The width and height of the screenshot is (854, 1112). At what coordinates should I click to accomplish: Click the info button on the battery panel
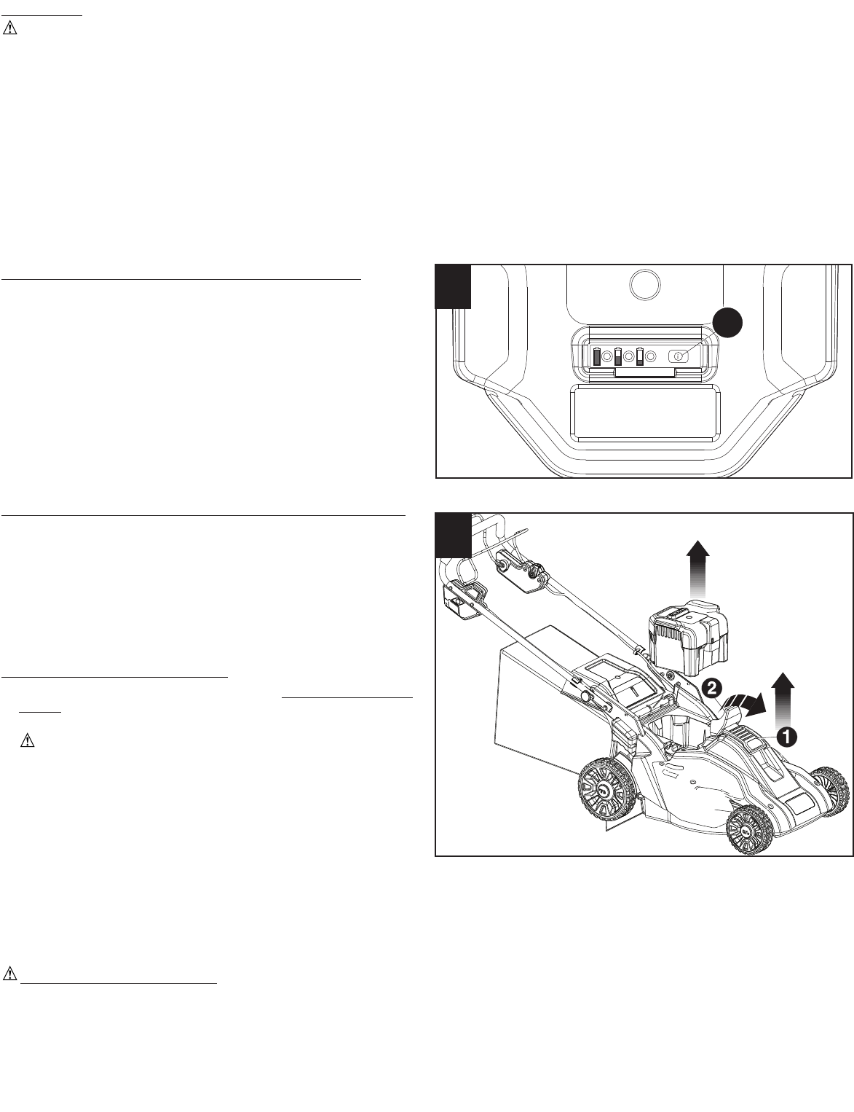[x=678, y=356]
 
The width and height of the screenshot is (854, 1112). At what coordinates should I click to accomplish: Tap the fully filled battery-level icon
[x=597, y=356]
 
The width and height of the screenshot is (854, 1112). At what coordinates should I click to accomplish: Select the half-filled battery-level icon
[x=618, y=356]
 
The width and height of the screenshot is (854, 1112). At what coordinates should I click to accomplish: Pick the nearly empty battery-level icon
[x=639, y=356]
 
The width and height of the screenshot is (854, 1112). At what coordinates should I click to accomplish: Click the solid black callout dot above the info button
[x=727, y=323]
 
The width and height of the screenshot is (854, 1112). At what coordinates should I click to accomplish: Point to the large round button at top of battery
[x=646, y=284]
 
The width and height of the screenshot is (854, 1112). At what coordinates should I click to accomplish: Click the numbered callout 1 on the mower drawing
[x=786, y=737]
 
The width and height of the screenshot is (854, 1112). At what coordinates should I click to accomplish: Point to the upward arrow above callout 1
[x=782, y=700]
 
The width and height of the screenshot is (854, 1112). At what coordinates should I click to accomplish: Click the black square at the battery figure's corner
[x=453, y=286]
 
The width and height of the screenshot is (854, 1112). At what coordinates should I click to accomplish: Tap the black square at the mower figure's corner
[x=453, y=535]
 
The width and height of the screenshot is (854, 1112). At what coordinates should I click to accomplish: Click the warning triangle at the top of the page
[x=9, y=28]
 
